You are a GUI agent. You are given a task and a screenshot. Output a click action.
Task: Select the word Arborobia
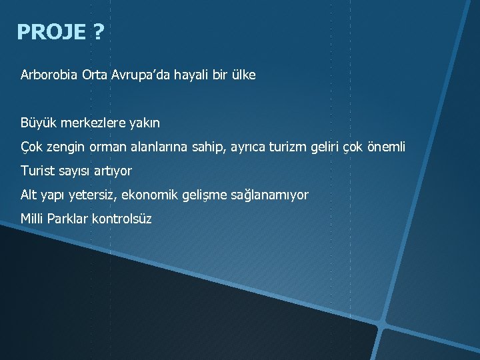(x=49, y=75)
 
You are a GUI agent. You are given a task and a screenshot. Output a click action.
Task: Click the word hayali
(x=191, y=75)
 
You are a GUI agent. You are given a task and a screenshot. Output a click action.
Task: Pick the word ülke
(x=242, y=75)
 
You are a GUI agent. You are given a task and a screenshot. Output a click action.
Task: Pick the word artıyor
(x=112, y=171)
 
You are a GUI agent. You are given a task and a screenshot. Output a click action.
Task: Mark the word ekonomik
(x=151, y=195)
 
